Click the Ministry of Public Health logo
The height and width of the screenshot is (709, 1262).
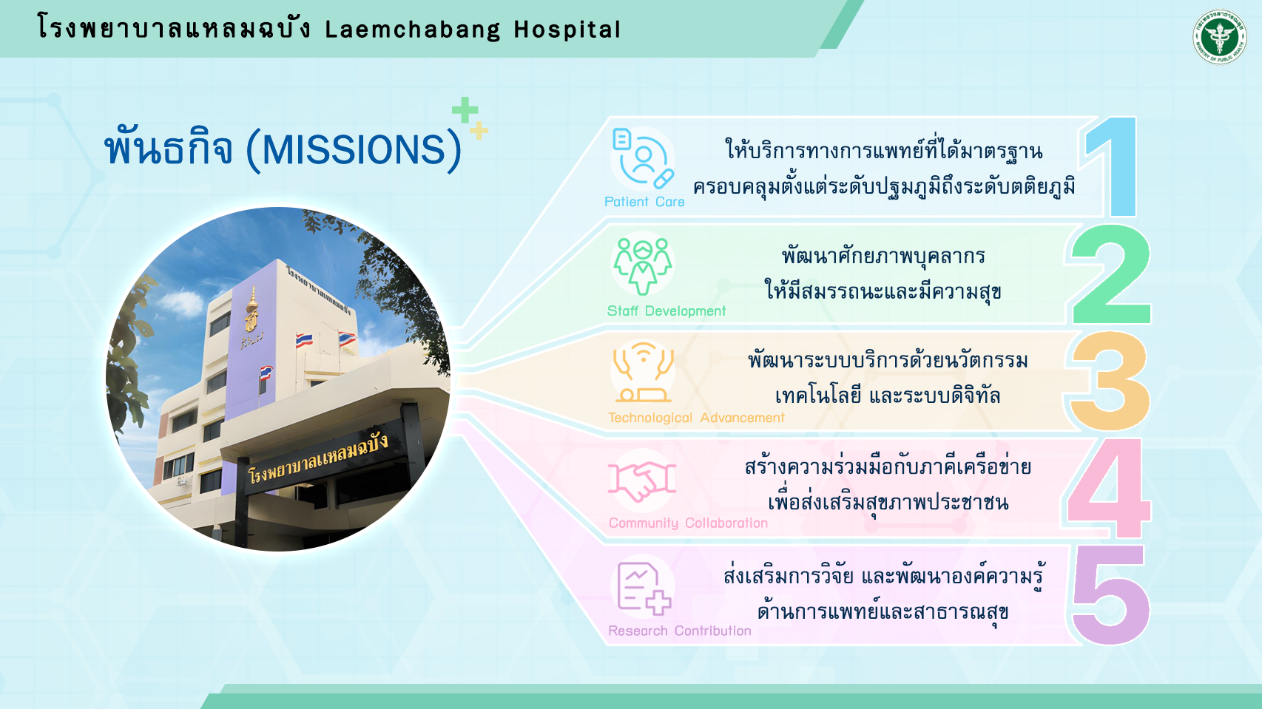click(x=1219, y=37)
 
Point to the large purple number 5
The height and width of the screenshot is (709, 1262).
click(x=1110, y=594)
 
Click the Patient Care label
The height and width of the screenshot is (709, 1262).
click(x=644, y=202)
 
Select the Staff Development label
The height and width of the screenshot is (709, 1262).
click(x=667, y=311)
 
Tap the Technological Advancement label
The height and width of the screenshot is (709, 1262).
click(x=696, y=418)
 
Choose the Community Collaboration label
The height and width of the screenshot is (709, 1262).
click(x=688, y=523)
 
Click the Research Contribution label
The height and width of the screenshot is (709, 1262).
click(x=679, y=631)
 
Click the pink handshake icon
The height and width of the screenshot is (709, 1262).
click(x=641, y=481)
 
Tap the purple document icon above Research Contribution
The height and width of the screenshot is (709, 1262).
click(x=644, y=588)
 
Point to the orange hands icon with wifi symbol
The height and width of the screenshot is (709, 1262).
click(x=643, y=372)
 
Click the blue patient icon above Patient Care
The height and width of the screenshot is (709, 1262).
click(x=642, y=158)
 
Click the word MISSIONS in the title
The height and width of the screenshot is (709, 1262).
click(x=354, y=150)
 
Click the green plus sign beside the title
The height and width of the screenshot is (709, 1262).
click(x=465, y=110)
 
